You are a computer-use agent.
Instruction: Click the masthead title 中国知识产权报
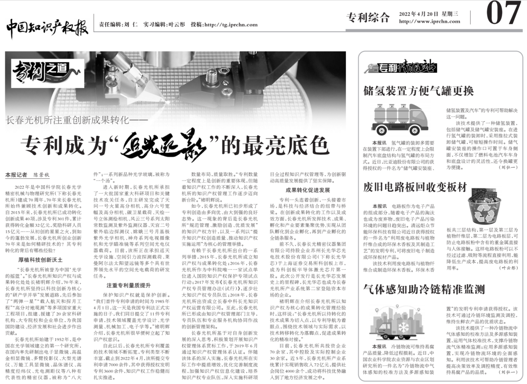pos(47,26)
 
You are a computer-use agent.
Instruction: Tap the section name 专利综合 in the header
pos(368,17)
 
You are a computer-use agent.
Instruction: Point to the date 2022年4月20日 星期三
pos(429,14)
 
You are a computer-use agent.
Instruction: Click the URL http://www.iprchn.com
pos(429,21)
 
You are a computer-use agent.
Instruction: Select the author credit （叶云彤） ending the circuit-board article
pos(509,268)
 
